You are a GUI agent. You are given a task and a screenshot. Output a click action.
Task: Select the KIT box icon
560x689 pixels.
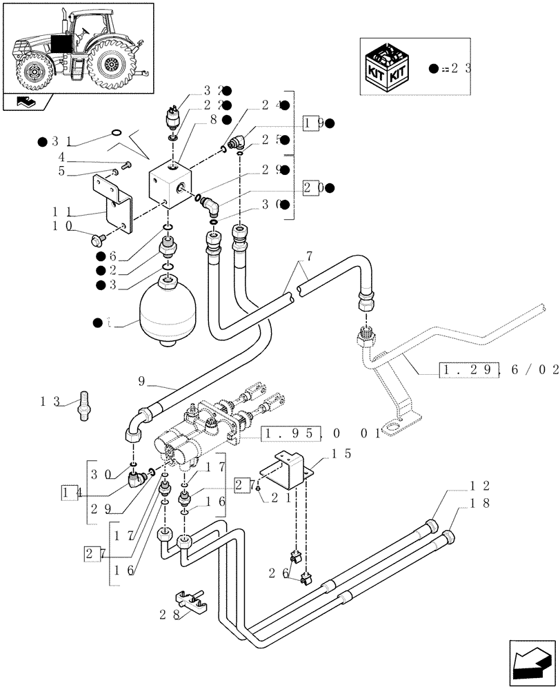(389, 68)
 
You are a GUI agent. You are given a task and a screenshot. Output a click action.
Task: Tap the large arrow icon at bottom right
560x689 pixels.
(531, 660)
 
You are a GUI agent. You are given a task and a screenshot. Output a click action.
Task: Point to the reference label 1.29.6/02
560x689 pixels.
(498, 371)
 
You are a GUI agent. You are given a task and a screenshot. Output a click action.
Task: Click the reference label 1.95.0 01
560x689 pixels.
(320, 433)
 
